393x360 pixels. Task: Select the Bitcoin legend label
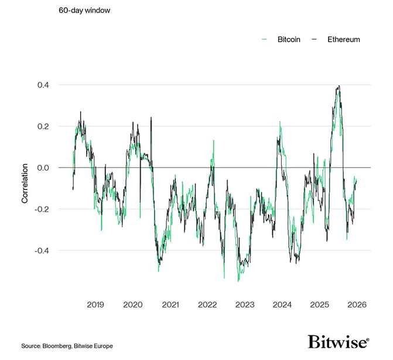289,39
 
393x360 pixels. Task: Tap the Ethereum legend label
344,39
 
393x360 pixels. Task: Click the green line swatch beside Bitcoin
265,39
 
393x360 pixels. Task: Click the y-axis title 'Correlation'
25,183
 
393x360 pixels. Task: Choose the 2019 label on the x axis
95,305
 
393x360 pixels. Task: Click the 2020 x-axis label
133,305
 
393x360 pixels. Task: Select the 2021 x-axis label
170,305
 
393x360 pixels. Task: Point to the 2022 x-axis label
207,305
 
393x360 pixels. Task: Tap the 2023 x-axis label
245,305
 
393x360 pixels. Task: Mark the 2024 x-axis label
282,305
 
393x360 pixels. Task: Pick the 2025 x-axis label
320,305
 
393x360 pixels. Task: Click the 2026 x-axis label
357,305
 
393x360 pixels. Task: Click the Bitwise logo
338,342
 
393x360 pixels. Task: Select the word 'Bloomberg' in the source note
59,347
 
